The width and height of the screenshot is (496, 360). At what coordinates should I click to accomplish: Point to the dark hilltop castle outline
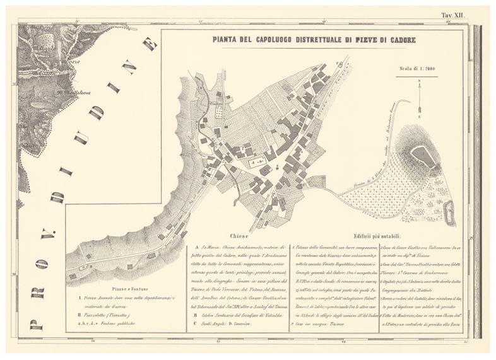pos(422,156)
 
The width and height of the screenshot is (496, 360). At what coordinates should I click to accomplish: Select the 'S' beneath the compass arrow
pos(420,117)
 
